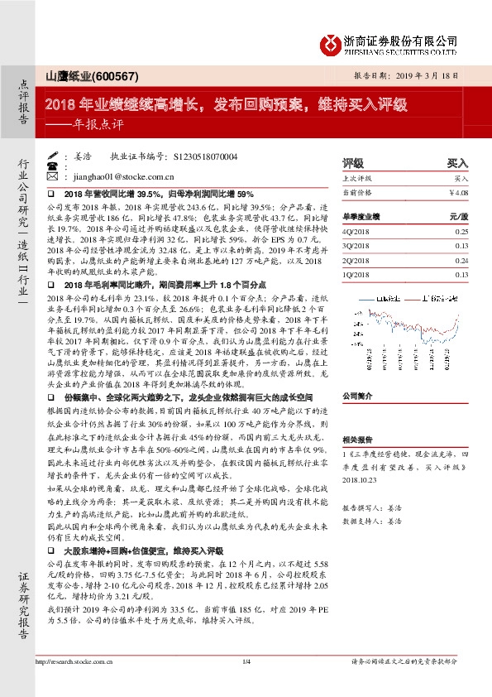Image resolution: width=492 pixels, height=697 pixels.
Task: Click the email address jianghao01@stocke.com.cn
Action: click(x=122, y=176)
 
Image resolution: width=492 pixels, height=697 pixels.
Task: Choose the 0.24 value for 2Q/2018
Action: click(x=461, y=260)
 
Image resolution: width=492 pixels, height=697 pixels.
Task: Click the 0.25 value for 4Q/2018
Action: click(x=461, y=233)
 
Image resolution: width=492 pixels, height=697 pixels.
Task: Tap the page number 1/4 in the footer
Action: click(x=246, y=661)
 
